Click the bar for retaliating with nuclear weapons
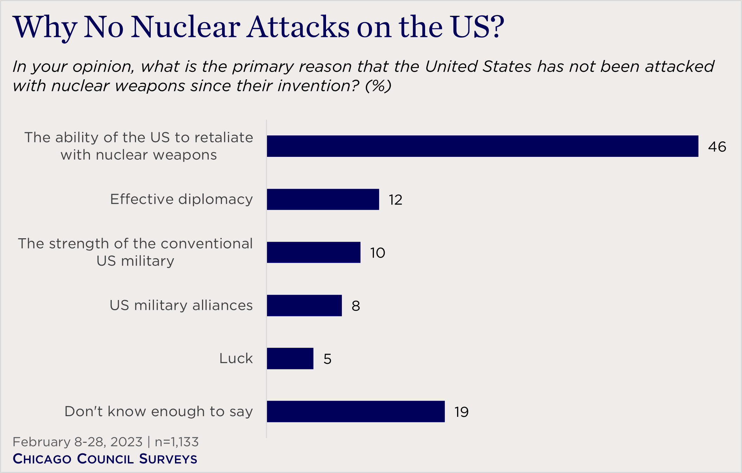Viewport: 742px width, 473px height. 482,146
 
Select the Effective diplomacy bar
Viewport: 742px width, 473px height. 323,199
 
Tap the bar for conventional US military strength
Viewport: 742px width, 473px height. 313,252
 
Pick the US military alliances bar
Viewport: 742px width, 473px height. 304,305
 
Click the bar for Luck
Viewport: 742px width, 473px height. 290,358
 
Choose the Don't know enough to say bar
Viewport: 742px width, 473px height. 356,411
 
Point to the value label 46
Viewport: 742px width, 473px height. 717,147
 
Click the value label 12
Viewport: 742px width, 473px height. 395,200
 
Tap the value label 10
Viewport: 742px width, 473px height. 377,253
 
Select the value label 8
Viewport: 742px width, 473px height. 356,306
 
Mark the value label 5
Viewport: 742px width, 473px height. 327,359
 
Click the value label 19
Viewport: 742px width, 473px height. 461,412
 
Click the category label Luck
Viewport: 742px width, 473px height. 236,358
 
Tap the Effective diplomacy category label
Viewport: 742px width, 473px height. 181,199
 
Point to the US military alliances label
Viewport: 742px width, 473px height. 181,305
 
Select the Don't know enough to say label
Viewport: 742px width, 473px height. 158,411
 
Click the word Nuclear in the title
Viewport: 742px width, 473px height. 186,27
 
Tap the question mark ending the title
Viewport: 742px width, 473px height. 496,27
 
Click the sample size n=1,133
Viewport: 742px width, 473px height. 177,442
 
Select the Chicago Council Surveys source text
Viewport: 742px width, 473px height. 105,459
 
